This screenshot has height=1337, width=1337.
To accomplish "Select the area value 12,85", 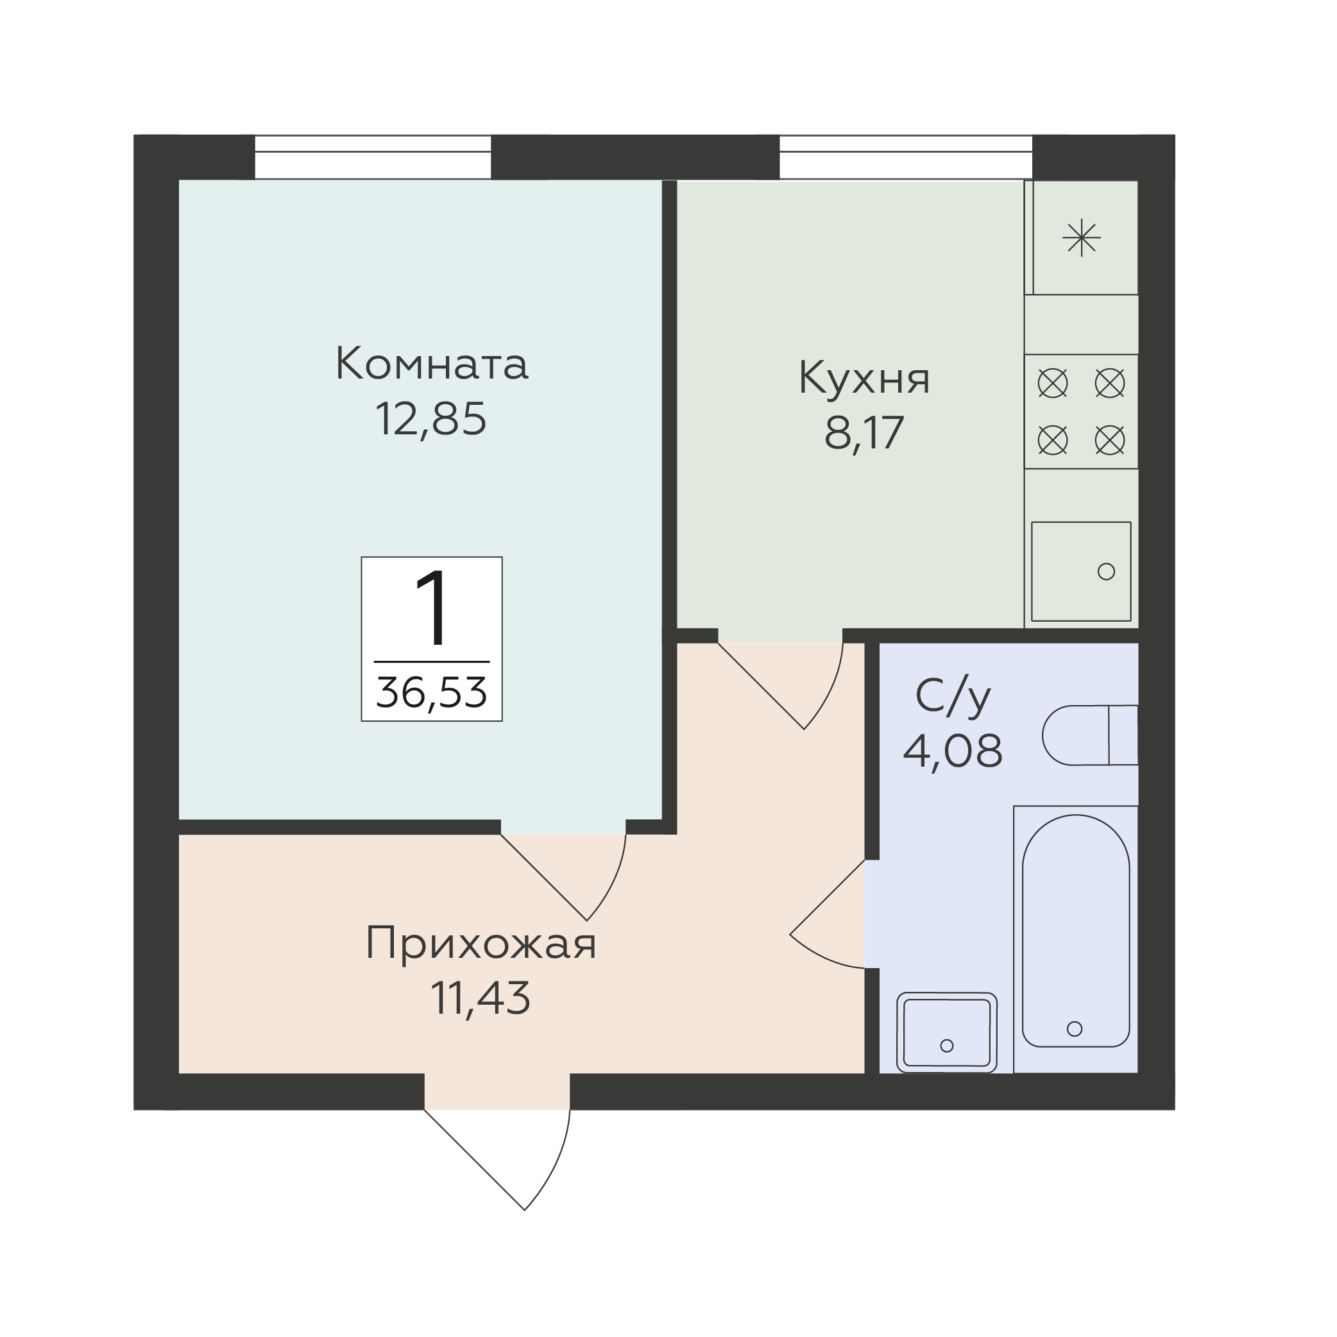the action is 430,419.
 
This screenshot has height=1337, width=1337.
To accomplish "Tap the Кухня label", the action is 864,378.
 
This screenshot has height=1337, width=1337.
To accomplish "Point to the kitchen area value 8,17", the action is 864,433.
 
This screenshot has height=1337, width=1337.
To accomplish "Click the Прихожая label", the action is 481,943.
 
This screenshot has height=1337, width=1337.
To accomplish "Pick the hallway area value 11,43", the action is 481,998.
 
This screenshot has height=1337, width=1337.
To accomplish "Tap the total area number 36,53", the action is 431,692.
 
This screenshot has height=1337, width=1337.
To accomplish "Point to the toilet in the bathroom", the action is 1090,736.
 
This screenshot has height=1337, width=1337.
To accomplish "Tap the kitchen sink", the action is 1081,572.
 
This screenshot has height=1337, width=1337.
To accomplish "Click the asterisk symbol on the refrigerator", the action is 1082,238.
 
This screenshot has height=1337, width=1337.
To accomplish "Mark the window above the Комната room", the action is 373,157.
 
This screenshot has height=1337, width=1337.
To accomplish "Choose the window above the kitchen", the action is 906,157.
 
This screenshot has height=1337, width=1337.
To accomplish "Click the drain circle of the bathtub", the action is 1075,1029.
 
